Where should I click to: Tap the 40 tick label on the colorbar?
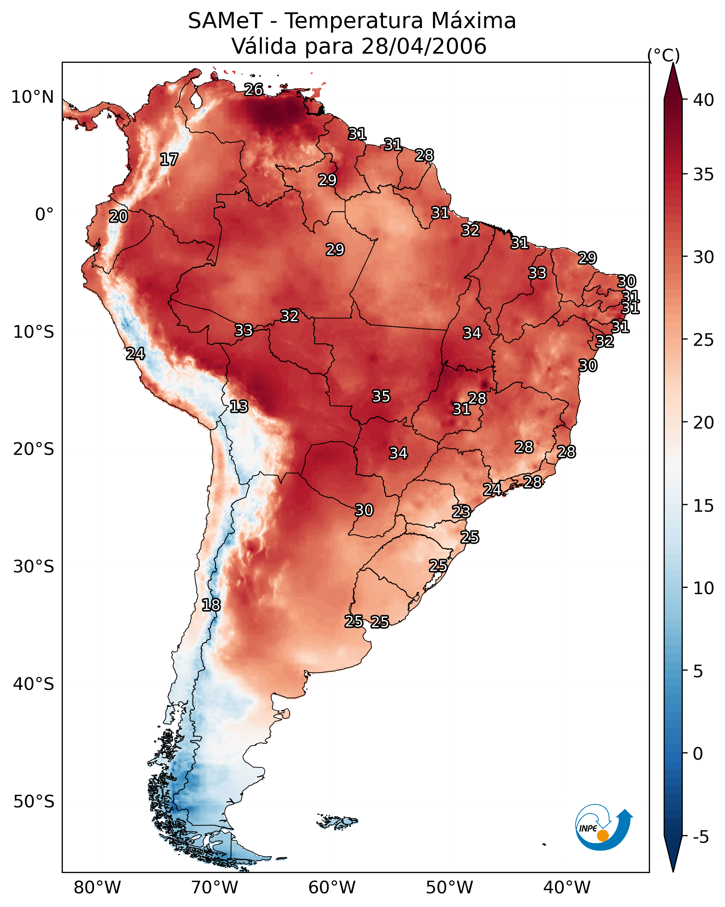coord(704,100)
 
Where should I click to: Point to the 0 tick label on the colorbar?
coord(698,754)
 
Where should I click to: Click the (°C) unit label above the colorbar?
coord(664,55)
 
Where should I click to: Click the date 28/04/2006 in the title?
coord(424,46)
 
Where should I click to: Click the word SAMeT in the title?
coord(226,21)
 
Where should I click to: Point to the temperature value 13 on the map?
coord(239,407)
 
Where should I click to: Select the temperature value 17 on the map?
coord(169,160)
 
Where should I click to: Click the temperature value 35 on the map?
coord(381,396)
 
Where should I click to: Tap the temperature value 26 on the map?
coord(254,89)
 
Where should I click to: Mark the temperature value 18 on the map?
coord(211,605)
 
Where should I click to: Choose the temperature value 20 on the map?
coord(118,217)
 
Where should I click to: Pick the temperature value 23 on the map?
coord(461,512)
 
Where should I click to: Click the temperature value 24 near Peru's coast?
coord(135,354)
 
